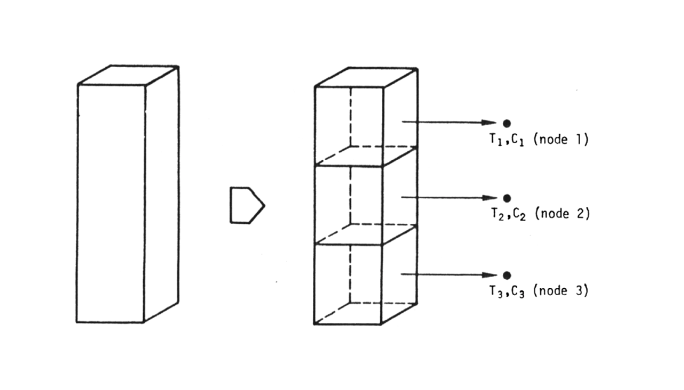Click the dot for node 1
(507, 123)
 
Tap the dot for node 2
(507, 199)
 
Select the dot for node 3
(507, 275)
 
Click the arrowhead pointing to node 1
(489, 123)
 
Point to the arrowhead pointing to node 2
(490, 198)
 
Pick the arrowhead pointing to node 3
(490, 275)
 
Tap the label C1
(517, 140)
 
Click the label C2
(519, 214)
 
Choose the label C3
(518, 291)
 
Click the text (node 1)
(561, 139)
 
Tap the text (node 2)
(562, 214)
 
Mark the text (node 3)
(561, 291)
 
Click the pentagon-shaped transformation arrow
(247, 206)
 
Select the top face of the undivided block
(128, 75)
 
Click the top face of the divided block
(366, 77)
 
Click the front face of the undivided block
(111, 203)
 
